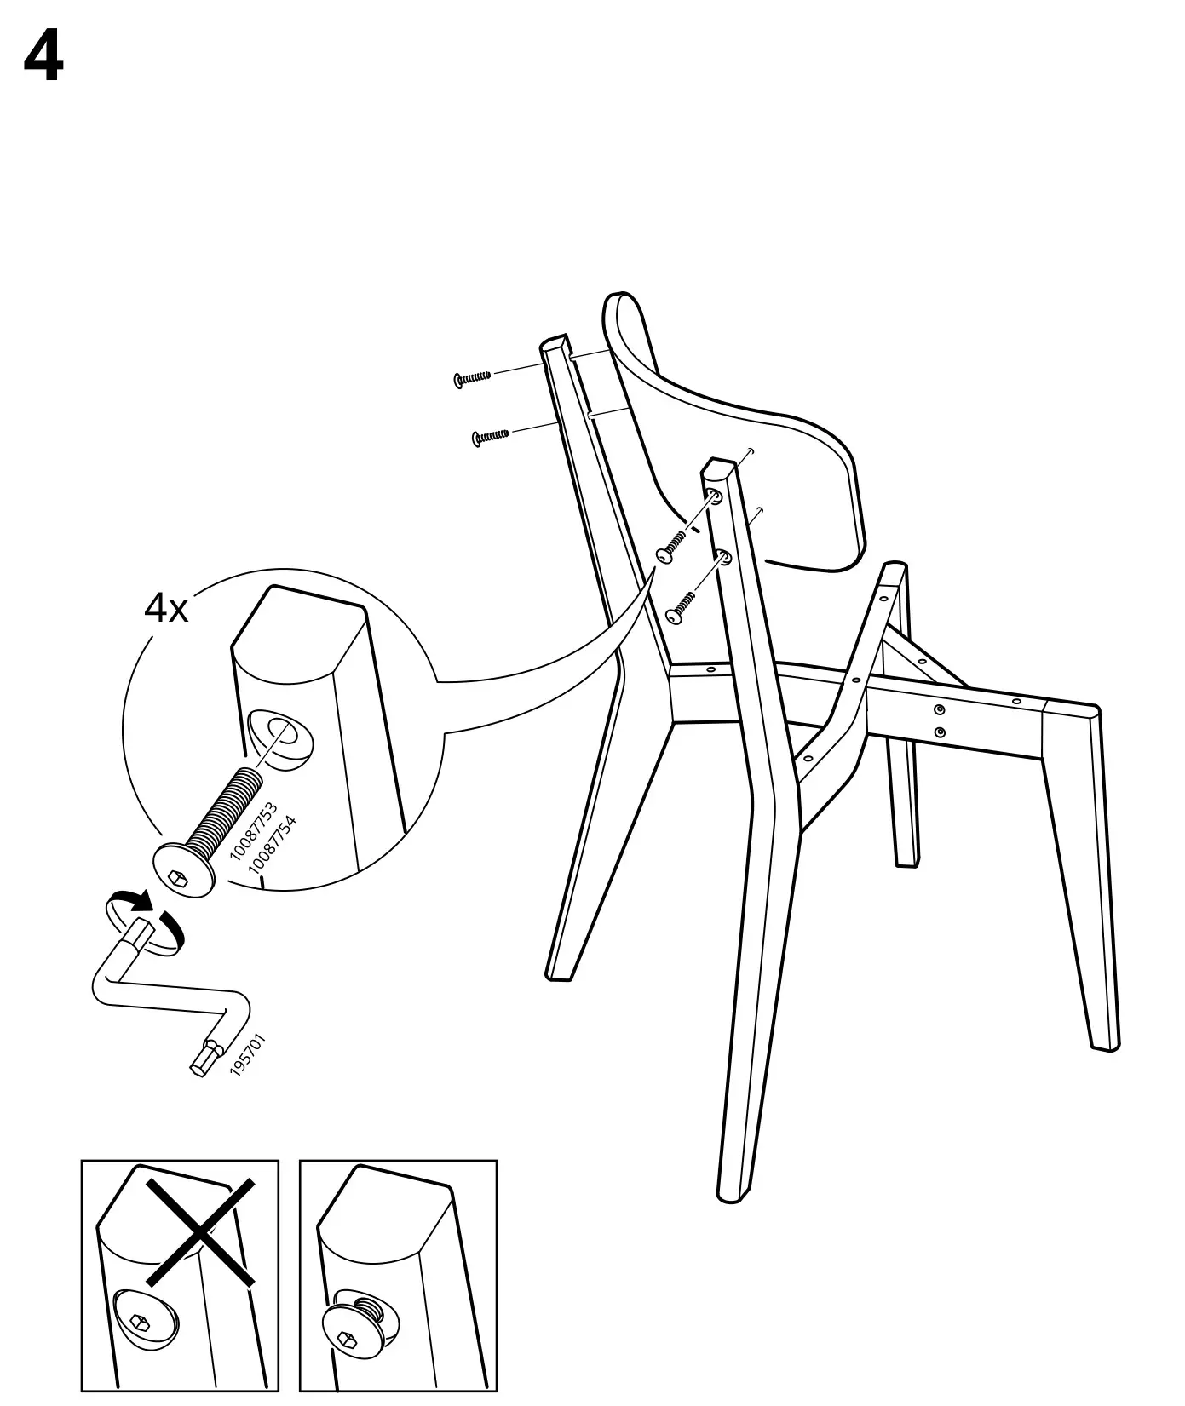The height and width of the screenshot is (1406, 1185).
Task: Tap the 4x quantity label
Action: point(166,608)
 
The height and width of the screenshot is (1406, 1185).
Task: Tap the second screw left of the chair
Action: point(491,436)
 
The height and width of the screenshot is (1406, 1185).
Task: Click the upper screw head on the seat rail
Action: point(939,710)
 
